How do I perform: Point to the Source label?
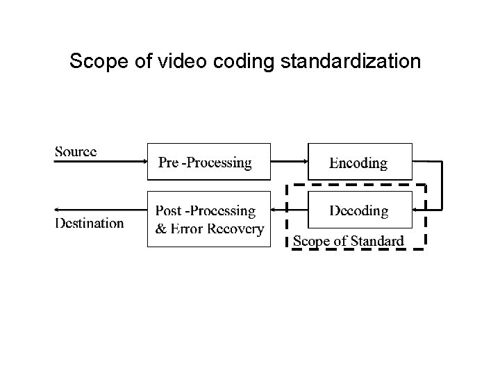pos(76,151)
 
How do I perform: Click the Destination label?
pos(90,224)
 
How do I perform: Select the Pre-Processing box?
pos(208,162)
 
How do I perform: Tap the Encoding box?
pos(359,162)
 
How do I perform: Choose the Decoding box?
pos(359,210)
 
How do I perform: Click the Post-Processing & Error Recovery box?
pos(208,219)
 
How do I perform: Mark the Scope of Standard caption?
pos(348,241)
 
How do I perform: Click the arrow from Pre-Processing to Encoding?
pos(289,162)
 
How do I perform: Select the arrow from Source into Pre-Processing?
pos(101,162)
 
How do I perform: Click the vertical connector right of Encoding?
pos(442,185)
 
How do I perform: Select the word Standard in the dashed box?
pos(378,241)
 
